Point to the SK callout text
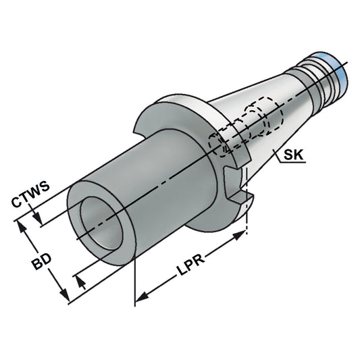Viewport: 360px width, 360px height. [x=293, y=156]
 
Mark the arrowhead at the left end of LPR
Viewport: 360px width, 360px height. [x=141, y=295]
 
